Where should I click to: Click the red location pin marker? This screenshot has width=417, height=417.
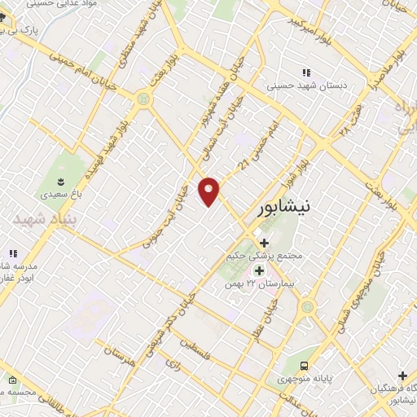[x=210, y=191]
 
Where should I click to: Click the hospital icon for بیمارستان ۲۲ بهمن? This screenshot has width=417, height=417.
[x=259, y=270]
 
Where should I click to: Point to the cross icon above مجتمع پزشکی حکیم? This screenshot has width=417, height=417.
[x=264, y=242]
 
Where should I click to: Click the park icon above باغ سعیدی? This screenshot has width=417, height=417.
[x=61, y=179]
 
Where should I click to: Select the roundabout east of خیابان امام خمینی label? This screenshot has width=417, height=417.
[x=144, y=99]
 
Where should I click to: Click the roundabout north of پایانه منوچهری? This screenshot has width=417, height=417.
[x=307, y=307]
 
